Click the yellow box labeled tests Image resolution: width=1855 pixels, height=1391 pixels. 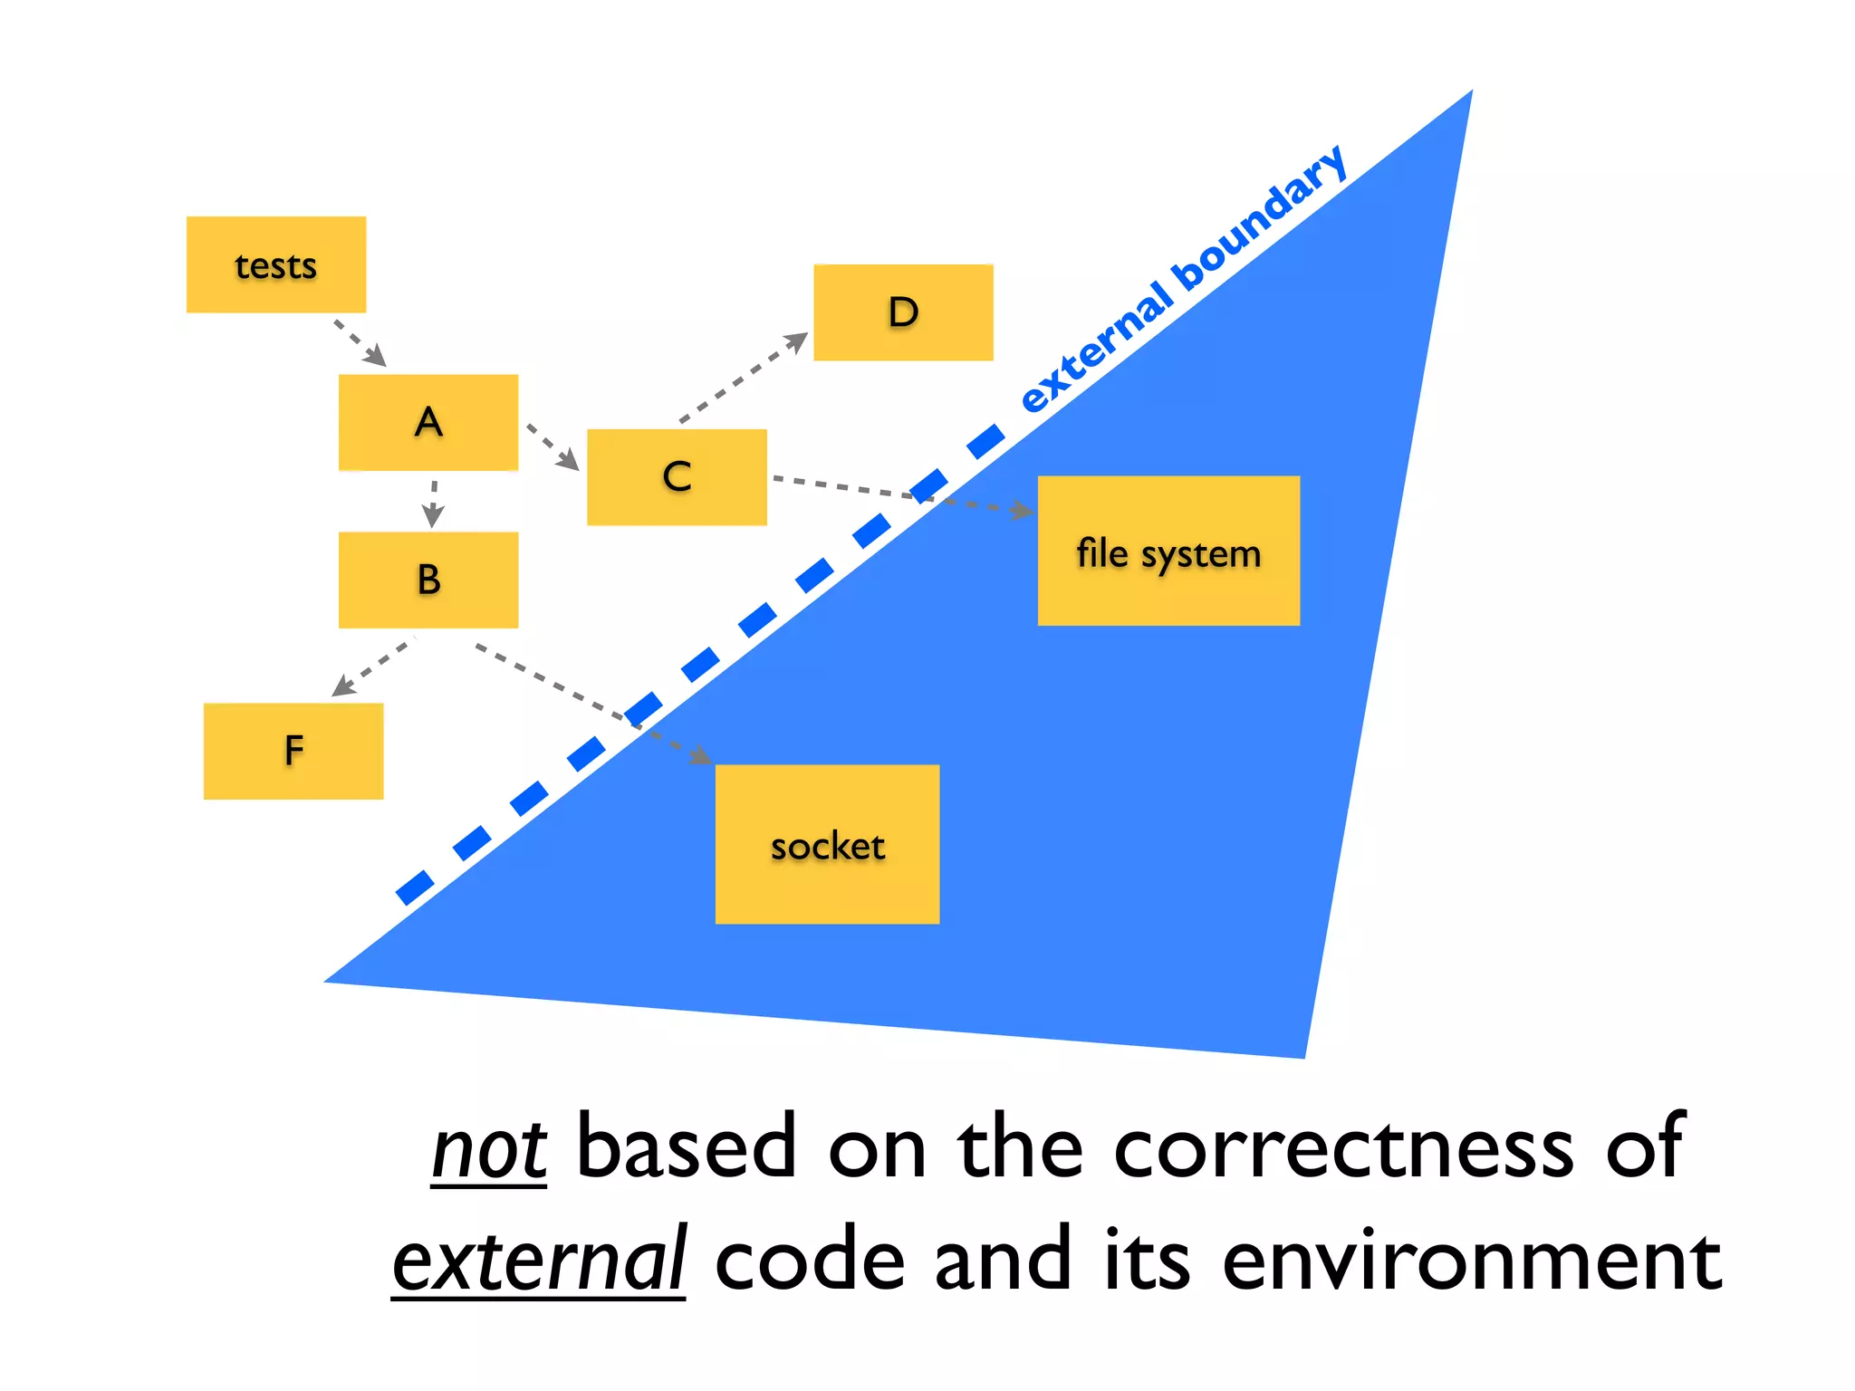click(276, 264)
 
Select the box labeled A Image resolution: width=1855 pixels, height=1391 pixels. click(428, 422)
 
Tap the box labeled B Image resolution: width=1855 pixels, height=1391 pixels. click(428, 580)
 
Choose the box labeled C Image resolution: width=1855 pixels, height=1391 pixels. click(677, 477)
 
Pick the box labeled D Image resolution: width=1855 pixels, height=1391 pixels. click(903, 312)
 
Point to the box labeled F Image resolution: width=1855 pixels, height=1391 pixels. click(293, 751)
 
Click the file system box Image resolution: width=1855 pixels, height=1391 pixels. click(1168, 551)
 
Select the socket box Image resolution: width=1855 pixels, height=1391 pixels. click(827, 844)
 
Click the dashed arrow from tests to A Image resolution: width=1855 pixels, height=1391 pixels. click(360, 342)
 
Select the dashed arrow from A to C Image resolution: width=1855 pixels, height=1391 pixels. click(552, 447)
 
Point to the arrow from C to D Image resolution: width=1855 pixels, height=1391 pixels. click(743, 378)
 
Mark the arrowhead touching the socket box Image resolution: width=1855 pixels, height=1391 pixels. click(700, 755)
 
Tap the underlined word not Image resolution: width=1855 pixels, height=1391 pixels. click(489, 1150)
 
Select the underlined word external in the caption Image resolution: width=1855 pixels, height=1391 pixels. click(539, 1261)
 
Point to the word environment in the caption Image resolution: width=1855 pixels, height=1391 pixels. click(1472, 1261)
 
